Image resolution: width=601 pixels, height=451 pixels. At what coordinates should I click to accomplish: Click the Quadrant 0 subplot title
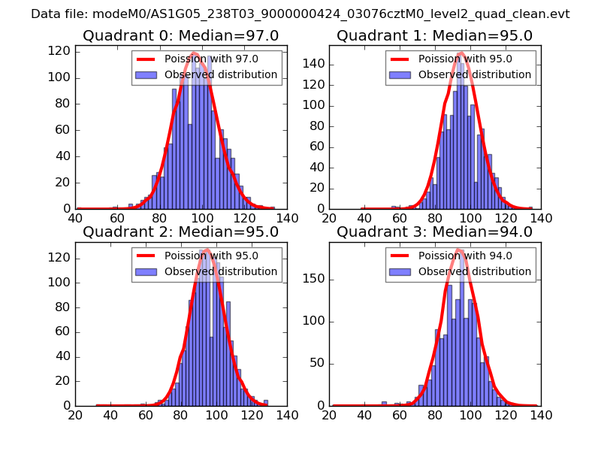click(180, 36)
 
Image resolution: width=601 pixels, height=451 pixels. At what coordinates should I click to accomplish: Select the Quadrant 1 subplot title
click(434, 36)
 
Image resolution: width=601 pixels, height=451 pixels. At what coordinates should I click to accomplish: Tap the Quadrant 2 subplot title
click(180, 232)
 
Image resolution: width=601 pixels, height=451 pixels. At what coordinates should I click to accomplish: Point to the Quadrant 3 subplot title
click(434, 232)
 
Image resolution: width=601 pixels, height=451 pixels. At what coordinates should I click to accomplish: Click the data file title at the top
click(300, 14)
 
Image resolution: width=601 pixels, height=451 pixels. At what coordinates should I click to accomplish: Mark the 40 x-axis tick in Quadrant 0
click(75, 219)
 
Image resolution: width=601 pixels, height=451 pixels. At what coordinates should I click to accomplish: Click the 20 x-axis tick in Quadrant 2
click(75, 415)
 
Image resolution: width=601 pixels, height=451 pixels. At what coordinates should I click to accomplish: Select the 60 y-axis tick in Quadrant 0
click(64, 130)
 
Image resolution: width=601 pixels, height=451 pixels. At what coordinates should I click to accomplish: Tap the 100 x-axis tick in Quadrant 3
click(471, 415)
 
